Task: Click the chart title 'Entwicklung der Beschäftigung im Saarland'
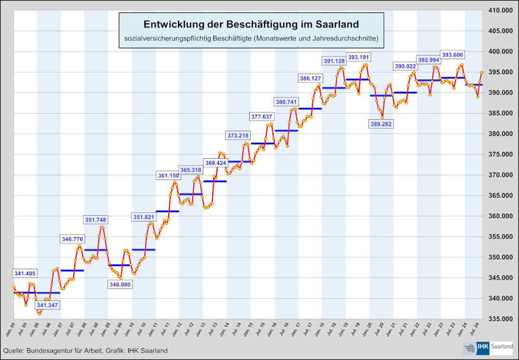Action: [x=251, y=25]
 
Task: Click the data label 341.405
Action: [x=24, y=273]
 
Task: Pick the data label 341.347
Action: [x=48, y=305]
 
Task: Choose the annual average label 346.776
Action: [x=72, y=239]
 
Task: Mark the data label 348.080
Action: [x=119, y=284]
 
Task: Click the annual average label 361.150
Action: [x=168, y=176]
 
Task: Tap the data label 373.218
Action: [x=238, y=135]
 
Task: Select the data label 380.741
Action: [x=285, y=102]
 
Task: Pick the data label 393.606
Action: [x=452, y=54]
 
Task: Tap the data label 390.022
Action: [x=405, y=66]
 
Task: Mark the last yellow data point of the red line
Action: [x=482, y=72]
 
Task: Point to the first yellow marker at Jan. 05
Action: [x=13, y=287]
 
